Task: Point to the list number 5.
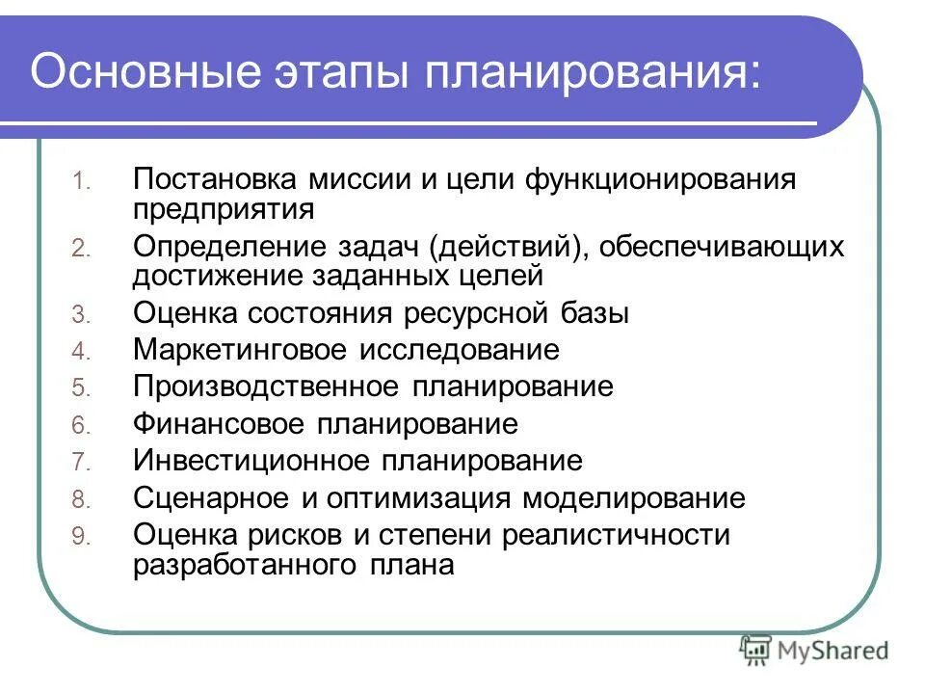pyautogui.click(x=81, y=389)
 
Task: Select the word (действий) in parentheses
pyautogui.click(x=505, y=247)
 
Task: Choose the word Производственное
pyautogui.click(x=265, y=387)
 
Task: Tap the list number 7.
pyautogui.click(x=81, y=464)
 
